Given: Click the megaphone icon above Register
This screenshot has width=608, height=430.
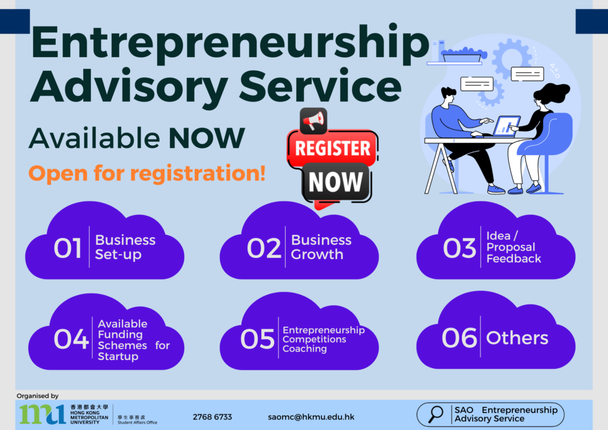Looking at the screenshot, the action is tap(313, 121).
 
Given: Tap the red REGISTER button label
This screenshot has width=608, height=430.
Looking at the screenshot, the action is tap(332, 148).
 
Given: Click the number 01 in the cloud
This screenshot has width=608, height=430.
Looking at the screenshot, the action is tap(68, 248).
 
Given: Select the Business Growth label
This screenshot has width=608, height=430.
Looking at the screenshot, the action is tap(321, 247).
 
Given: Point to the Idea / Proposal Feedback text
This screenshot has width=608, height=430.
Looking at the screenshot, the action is tap(514, 247).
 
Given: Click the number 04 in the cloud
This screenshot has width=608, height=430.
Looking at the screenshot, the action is tap(71, 339).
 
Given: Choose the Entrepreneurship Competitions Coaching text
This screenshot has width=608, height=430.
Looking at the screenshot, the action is tap(324, 339).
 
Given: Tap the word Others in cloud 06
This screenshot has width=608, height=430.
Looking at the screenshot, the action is tap(517, 338).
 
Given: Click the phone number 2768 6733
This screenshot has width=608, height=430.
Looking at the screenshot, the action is tap(212, 417).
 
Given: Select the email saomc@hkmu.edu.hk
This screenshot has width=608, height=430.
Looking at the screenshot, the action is tap(311, 417).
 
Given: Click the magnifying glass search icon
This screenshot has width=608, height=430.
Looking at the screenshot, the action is tap(435, 414).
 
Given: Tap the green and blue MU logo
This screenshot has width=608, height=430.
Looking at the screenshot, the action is tap(43, 414).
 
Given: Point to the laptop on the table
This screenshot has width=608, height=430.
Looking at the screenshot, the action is tap(506, 126).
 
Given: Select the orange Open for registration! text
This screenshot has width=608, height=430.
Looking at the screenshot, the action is tap(147, 173).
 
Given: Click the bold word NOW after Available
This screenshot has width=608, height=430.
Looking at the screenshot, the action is tap(207, 138).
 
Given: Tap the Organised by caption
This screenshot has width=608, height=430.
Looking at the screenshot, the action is tap(37, 396).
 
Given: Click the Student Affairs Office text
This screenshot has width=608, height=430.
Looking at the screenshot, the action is tap(137, 422).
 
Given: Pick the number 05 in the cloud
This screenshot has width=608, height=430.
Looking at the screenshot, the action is tap(257, 339).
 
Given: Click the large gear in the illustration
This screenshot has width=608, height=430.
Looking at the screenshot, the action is tap(512, 58).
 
